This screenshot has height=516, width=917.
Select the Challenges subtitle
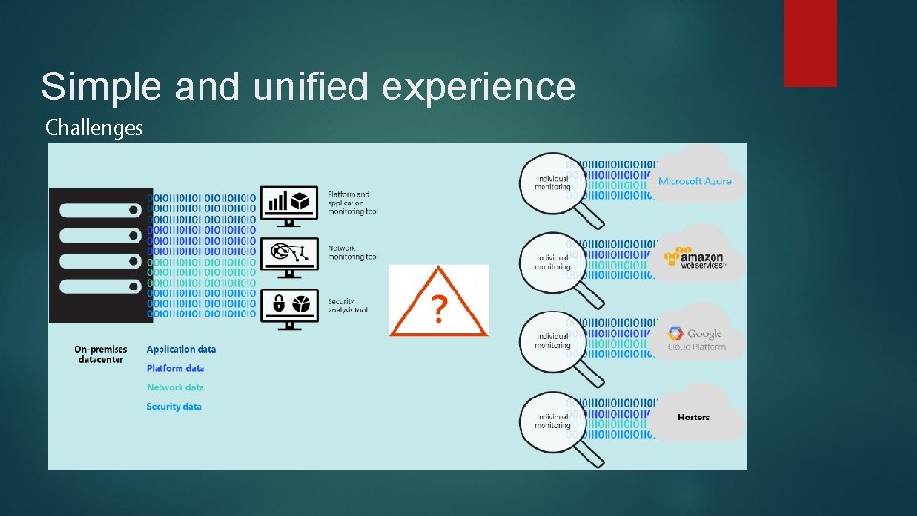(94, 127)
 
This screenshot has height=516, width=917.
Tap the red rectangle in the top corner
(810, 43)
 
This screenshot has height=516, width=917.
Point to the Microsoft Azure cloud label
(694, 181)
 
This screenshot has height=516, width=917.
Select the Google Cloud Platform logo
(695, 337)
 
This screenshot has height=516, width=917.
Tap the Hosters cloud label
(693, 417)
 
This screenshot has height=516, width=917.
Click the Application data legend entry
(181, 350)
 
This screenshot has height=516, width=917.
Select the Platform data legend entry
(176, 368)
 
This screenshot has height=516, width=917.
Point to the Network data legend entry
(175, 387)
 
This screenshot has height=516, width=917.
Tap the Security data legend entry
(174, 406)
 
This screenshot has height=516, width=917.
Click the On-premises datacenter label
(100, 355)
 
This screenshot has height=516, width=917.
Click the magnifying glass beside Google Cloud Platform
(553, 341)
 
